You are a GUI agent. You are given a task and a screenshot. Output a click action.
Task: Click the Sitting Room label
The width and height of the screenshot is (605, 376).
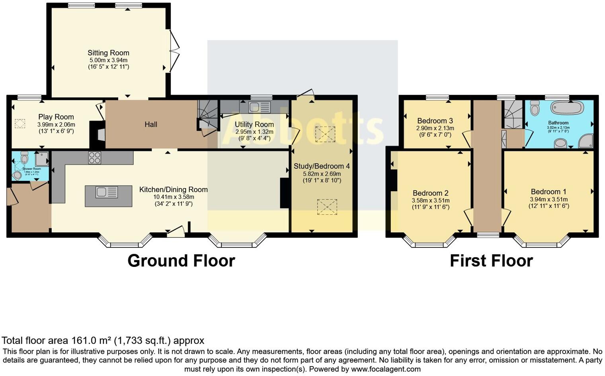(x=108, y=53)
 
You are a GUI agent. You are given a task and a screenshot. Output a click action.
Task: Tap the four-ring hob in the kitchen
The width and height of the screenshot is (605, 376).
(x=94, y=158)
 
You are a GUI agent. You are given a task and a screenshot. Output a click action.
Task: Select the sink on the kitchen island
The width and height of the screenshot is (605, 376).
(x=106, y=192)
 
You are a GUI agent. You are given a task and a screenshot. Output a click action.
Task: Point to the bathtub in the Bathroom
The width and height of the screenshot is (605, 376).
(x=567, y=108)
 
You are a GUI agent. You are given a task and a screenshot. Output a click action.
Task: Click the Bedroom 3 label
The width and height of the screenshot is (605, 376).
(x=435, y=121)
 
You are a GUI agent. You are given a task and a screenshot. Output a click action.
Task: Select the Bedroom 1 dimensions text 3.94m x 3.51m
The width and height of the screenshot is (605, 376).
(x=548, y=199)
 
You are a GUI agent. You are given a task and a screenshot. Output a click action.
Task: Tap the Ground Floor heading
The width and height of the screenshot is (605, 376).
(x=181, y=260)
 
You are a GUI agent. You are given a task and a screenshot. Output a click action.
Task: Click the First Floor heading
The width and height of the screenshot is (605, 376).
(x=491, y=260)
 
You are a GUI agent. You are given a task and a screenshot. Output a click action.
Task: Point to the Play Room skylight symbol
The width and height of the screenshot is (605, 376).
(x=20, y=124)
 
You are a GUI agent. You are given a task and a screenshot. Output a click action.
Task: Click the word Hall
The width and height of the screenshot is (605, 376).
(x=150, y=124)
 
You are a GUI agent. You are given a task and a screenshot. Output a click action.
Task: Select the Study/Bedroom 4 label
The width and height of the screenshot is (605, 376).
(x=322, y=166)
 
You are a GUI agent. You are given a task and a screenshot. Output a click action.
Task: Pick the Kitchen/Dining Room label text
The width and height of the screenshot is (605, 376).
(x=173, y=190)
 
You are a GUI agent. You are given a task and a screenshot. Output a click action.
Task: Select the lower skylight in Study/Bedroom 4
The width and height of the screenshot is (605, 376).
(x=327, y=207)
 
